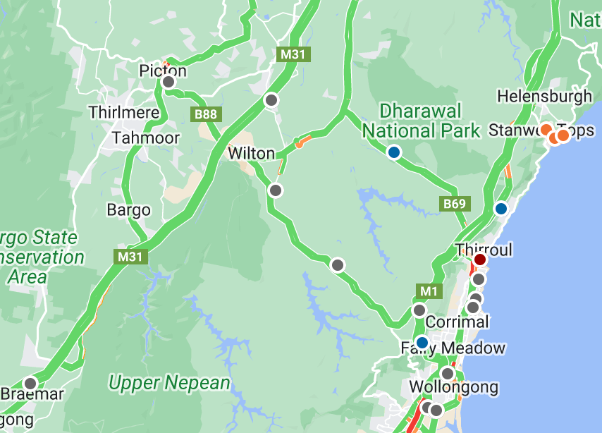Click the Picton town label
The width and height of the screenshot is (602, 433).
pos(163,71)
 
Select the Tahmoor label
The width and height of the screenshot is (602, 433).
pos(146,138)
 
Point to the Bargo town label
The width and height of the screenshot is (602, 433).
pos(128,209)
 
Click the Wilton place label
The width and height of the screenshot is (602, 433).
pos(251,153)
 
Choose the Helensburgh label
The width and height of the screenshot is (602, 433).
pos(544,96)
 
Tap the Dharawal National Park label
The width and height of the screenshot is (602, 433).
pos(421,121)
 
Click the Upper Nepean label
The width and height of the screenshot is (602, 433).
pos(169,383)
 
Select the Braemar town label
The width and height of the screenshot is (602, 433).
pos(32,394)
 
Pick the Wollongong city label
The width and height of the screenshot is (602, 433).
pos(453,387)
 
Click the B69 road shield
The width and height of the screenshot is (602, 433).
pos(454,204)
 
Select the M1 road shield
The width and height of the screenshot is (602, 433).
pos(429,291)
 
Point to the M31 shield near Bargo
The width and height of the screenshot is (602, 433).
pos(130,257)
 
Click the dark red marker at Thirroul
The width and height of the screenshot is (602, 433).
pos(480,260)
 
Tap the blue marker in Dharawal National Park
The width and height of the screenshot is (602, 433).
pos(394,152)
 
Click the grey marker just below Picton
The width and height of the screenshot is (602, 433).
pos(168,82)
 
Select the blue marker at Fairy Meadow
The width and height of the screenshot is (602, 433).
pos(422,342)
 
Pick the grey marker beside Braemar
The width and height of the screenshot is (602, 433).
pos(30,383)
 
